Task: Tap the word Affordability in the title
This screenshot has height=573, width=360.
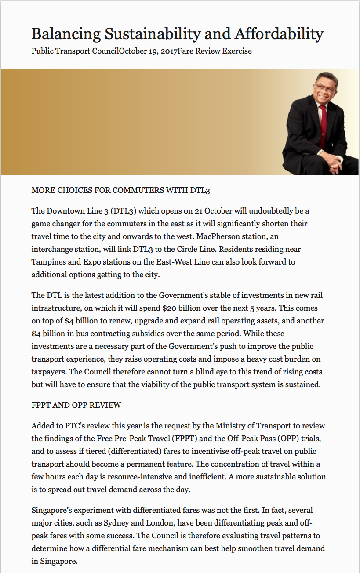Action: point(279,34)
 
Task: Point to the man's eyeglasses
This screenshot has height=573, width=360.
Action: point(324,87)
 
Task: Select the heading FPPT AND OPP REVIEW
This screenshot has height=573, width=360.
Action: point(76,405)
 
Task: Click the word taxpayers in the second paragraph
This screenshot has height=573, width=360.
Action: point(49,372)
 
